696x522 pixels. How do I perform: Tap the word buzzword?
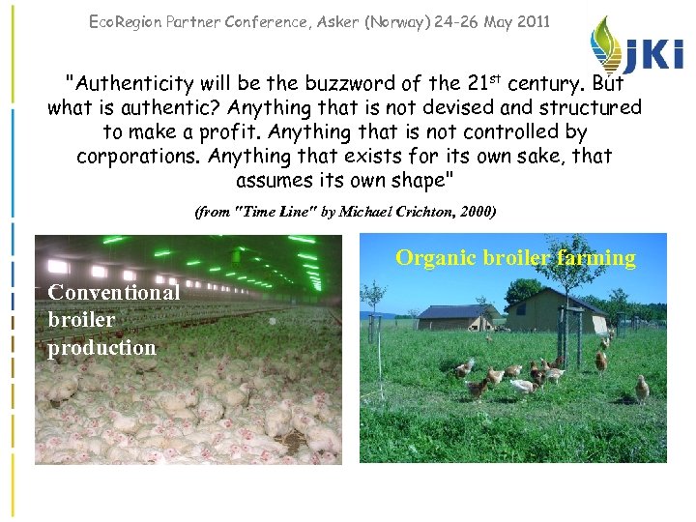pos(321,84)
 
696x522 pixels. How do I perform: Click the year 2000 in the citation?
pos(473,211)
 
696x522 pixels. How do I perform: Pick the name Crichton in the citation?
pos(415,211)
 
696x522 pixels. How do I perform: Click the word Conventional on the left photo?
pos(113,292)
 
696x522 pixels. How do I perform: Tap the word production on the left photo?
pos(101,347)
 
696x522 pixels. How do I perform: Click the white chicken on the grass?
pos(522,386)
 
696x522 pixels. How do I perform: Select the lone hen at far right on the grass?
pos(642,388)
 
